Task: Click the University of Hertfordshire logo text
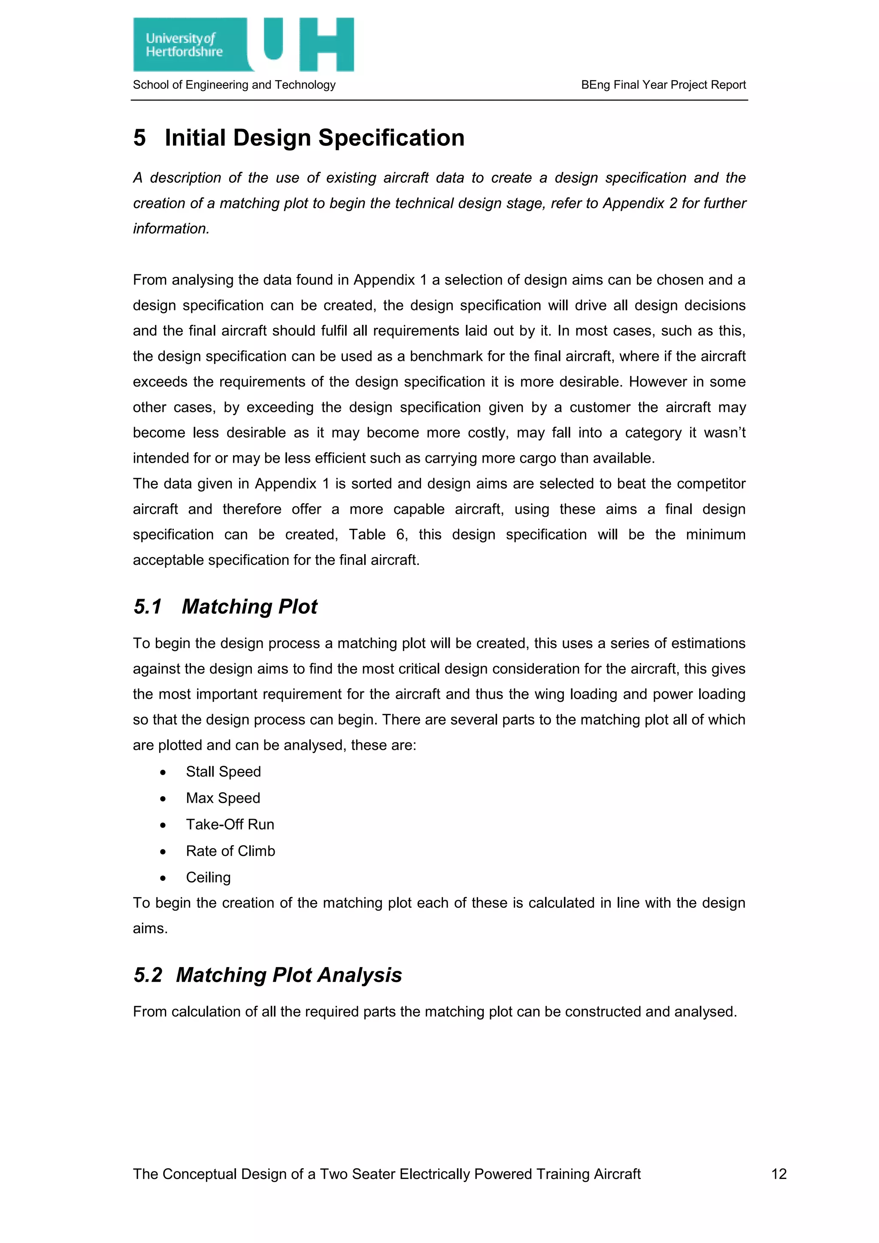click(x=184, y=45)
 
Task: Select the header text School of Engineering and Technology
click(x=234, y=85)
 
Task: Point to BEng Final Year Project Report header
click(x=663, y=85)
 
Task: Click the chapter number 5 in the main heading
click(x=139, y=137)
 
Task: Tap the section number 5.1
click(x=148, y=606)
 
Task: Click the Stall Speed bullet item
click(x=223, y=771)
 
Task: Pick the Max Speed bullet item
click(x=223, y=798)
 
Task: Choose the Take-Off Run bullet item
click(x=230, y=825)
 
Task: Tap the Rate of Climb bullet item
click(x=230, y=851)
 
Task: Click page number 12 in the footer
click(x=778, y=1174)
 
